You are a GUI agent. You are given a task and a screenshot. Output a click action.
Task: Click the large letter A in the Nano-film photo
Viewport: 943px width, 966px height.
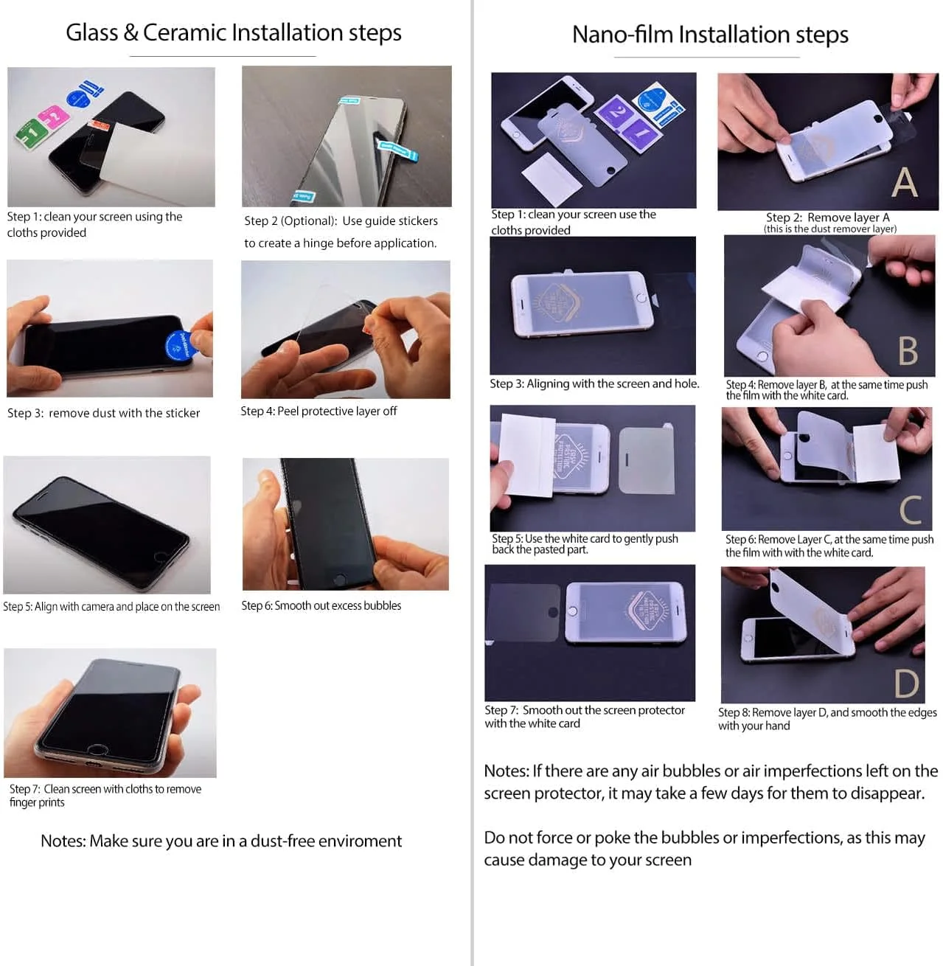click(904, 182)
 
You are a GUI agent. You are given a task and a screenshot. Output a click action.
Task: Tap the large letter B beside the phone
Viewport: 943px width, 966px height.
click(908, 351)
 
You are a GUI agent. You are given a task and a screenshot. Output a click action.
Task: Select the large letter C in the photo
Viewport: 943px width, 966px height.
click(911, 510)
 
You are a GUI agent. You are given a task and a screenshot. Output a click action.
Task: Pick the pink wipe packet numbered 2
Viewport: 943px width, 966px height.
click(54, 117)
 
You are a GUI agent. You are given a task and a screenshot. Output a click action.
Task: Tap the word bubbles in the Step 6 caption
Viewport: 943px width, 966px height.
click(382, 605)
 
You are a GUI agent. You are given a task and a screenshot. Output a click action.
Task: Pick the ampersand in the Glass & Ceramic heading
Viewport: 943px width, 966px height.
click(131, 32)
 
